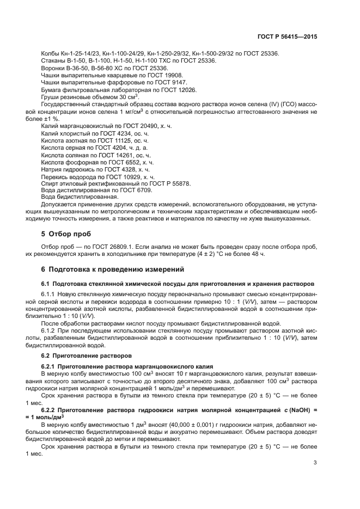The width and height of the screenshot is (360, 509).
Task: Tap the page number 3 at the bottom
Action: coord(315,463)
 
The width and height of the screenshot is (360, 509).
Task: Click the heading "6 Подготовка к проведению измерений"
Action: coord(113,269)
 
